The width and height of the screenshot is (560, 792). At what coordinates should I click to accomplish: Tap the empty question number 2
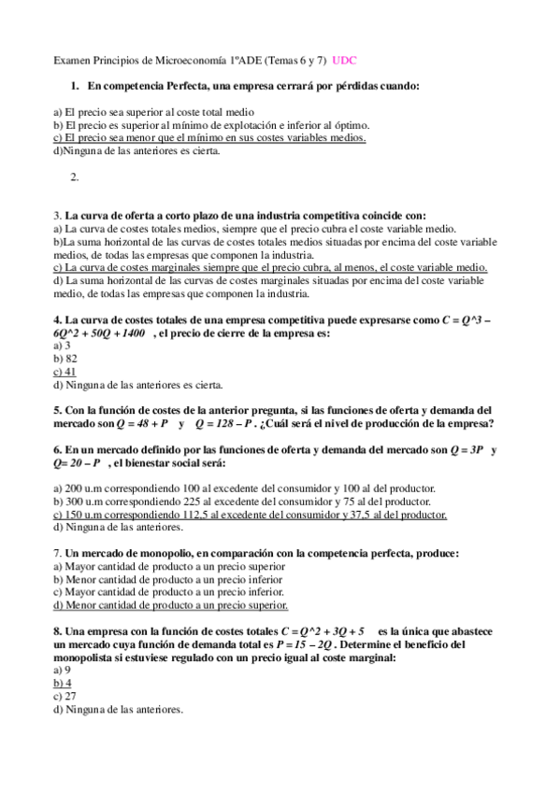74,177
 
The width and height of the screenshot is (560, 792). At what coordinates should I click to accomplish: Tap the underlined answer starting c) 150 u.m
251,515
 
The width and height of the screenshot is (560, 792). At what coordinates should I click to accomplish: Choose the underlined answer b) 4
63,683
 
